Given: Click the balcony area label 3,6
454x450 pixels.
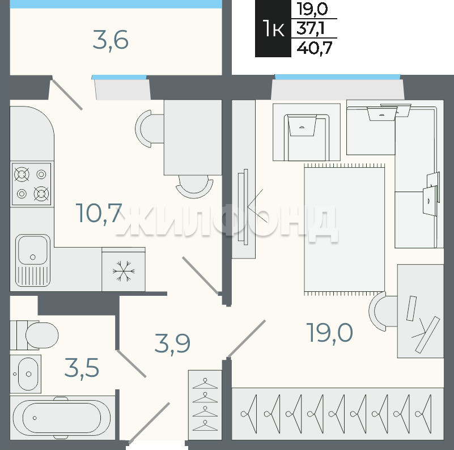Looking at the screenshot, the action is coord(111,40).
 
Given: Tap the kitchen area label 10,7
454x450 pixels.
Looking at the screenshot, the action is coord(99,214).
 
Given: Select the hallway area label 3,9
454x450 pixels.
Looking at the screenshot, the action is coord(172,343).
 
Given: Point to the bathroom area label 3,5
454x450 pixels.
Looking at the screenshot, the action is coord(82,368).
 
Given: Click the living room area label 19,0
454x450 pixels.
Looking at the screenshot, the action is coord(330,333).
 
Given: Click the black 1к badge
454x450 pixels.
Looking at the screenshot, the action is coord(273,29).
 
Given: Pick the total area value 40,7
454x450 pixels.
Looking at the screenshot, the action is coord(315,48).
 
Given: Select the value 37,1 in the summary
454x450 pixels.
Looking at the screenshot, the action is coord(311,28).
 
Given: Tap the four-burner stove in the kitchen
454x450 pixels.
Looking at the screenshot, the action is coord(31,184).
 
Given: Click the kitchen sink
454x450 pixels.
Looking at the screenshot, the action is coord(33,260).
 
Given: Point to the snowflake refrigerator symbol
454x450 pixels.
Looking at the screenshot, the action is coord(124,271).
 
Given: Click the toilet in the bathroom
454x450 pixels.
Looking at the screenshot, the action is coord(34,335).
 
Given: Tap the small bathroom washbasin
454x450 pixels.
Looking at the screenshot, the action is coord(26,374).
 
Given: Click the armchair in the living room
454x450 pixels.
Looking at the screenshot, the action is coord(307,132).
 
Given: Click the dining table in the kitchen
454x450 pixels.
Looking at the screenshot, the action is coord(193,137).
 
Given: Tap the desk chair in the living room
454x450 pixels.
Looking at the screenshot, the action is coord(383,311).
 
